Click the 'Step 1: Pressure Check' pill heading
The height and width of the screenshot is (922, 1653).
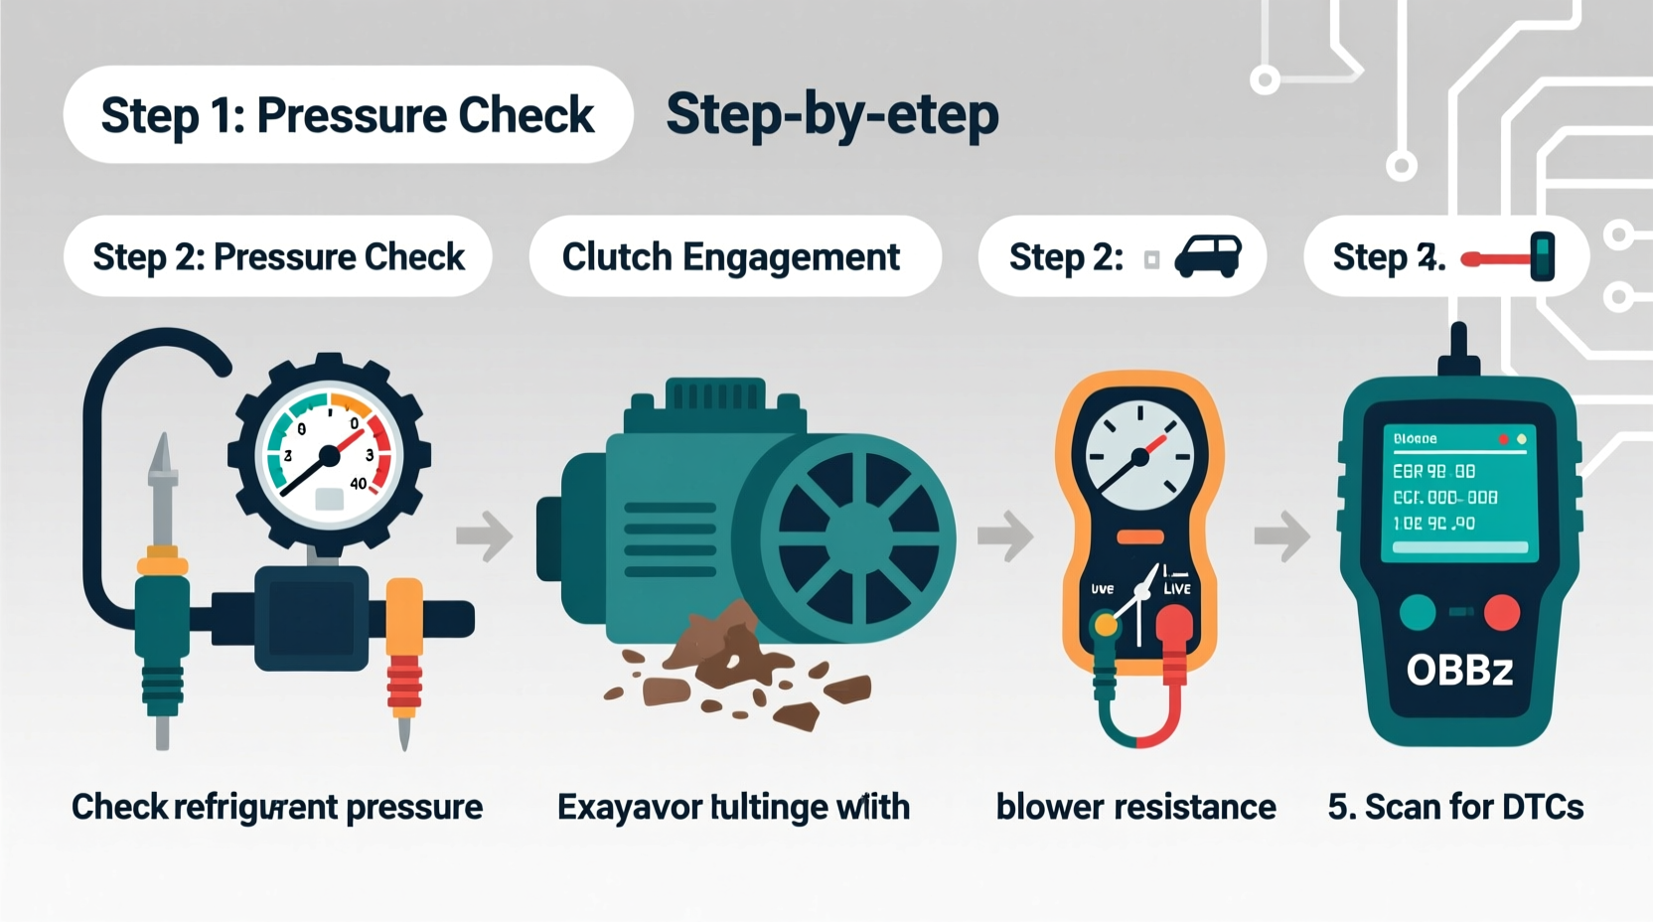(348, 115)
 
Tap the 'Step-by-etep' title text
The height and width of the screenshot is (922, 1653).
(831, 115)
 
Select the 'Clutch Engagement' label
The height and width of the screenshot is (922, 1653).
(731, 257)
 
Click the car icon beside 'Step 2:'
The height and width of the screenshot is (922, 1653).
(1208, 257)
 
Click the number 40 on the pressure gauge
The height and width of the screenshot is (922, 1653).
(359, 484)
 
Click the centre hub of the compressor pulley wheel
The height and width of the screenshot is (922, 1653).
(856, 538)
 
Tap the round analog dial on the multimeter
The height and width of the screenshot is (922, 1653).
(1139, 455)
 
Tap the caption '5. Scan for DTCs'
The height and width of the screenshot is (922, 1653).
(1455, 807)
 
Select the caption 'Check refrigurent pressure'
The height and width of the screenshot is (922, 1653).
(277, 807)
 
